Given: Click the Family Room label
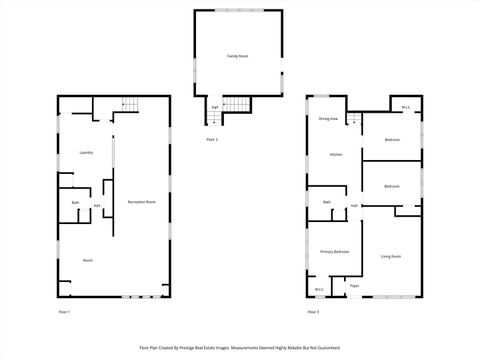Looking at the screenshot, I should [237, 56].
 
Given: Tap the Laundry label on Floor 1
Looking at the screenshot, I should [86, 152].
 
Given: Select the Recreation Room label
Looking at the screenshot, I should [141, 202].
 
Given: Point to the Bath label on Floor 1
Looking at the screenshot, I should [75, 203].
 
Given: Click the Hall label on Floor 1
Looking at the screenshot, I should [96, 206].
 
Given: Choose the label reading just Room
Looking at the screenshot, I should [87, 260].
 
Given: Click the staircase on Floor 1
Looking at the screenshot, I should [128, 104].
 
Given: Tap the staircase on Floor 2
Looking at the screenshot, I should [235, 106].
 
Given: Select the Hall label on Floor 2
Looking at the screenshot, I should [214, 106].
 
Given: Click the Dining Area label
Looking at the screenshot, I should [328, 119].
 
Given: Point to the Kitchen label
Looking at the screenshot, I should [336, 154].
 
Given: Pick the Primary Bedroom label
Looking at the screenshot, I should [334, 251].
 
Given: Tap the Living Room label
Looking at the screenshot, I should [390, 257].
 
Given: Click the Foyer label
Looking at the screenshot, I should [353, 286].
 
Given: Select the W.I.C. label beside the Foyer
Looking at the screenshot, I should [319, 290].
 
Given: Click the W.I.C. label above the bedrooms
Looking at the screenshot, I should [407, 107].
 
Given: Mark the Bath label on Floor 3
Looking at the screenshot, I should [327, 203].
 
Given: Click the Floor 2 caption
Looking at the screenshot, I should [211, 139].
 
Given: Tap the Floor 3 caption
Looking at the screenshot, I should [313, 312].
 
